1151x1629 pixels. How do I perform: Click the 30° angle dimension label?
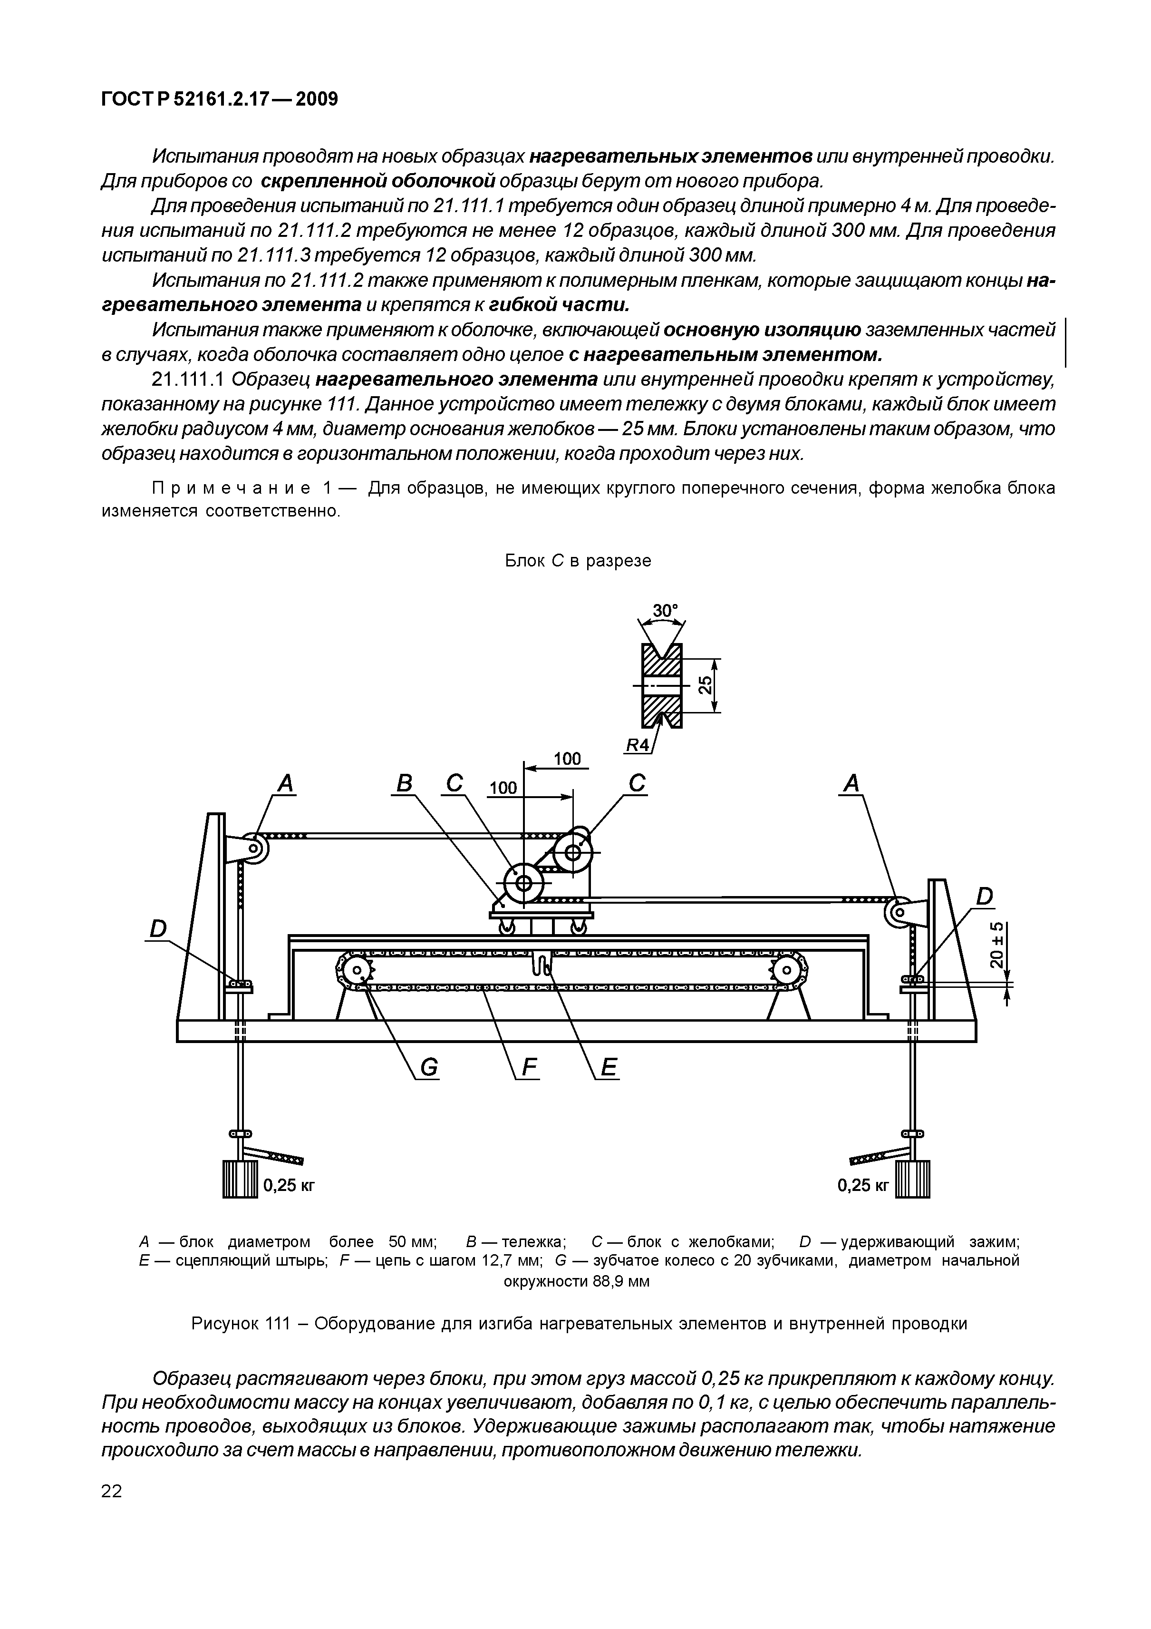pyautogui.click(x=665, y=611)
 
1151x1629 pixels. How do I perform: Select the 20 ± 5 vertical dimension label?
pyautogui.click(x=996, y=945)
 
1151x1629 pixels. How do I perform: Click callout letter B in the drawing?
pyautogui.click(x=404, y=784)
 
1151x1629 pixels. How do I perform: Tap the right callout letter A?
pyautogui.click(x=851, y=784)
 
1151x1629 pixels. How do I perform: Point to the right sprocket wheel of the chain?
pyautogui.click(x=789, y=970)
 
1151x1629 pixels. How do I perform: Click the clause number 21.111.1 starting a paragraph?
pyautogui.click(x=189, y=380)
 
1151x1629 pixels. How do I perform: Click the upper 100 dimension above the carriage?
pyautogui.click(x=567, y=759)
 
